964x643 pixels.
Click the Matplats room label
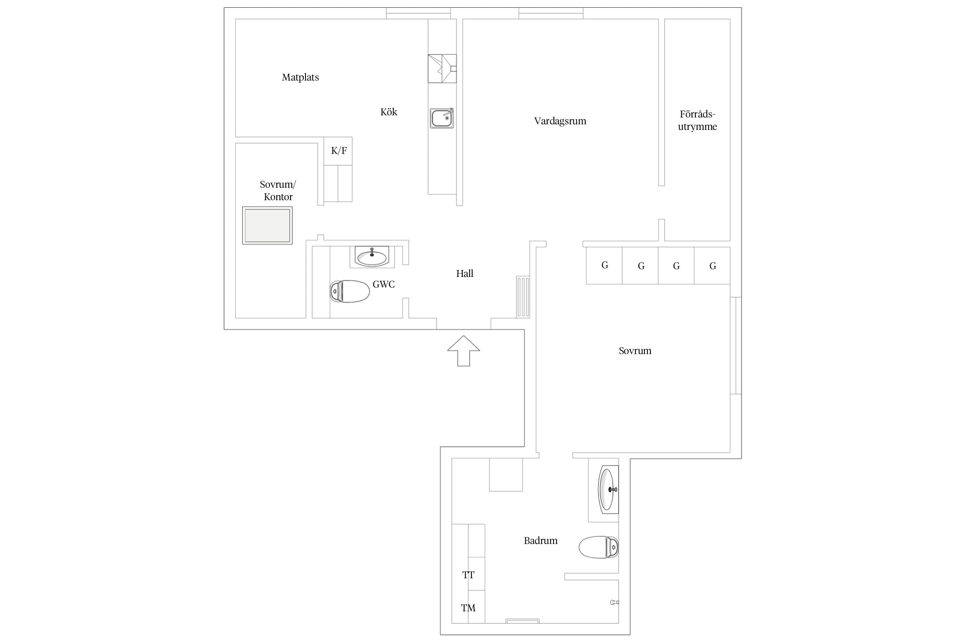(x=300, y=78)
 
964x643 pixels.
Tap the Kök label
(x=389, y=112)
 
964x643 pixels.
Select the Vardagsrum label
(x=560, y=121)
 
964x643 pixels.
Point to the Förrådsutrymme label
(x=697, y=120)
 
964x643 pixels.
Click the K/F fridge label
(x=339, y=151)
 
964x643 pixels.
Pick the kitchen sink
(x=442, y=118)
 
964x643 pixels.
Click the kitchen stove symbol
(x=442, y=69)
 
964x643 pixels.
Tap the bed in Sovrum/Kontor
(x=267, y=225)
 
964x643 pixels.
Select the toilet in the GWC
(x=350, y=291)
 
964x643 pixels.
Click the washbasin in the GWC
(x=371, y=257)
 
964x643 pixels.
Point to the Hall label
(x=464, y=273)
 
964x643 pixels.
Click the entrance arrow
(x=464, y=351)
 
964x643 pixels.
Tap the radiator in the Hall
(x=523, y=297)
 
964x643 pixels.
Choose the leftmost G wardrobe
(x=604, y=265)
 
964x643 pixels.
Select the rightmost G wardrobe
(x=712, y=266)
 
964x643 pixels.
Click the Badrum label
(x=541, y=541)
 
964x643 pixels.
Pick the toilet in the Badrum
(x=599, y=547)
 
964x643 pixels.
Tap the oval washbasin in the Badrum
(x=607, y=490)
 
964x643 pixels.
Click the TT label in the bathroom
(x=468, y=575)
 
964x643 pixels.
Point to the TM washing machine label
(x=468, y=608)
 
